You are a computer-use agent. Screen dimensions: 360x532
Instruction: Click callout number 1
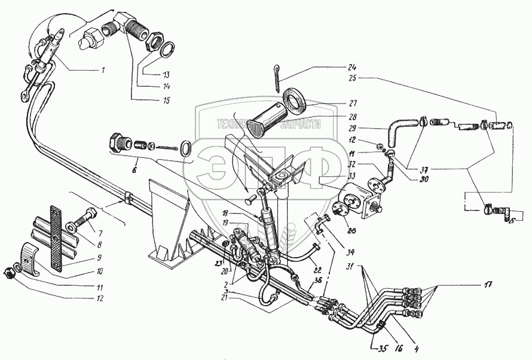(x=102, y=71)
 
